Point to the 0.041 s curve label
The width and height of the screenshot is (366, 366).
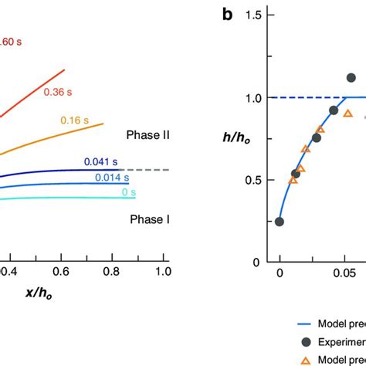click(101, 161)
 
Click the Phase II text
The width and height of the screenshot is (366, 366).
click(147, 134)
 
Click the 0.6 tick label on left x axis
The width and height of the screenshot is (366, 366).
click(63, 272)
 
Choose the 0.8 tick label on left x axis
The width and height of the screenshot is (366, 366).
click(113, 272)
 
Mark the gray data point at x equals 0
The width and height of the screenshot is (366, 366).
click(280, 222)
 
